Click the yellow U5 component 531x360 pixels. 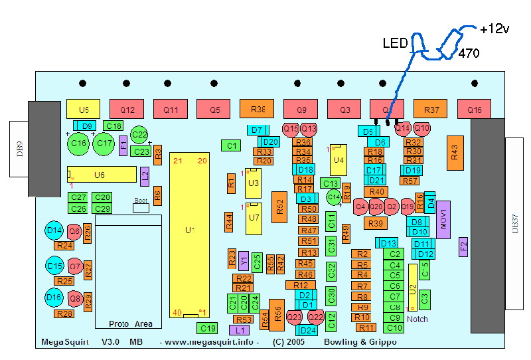83,109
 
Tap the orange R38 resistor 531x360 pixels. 258,109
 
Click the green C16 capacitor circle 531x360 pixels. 79,143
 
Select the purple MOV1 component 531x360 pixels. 444,219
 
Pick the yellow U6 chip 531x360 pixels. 100,175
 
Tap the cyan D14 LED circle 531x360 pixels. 54,231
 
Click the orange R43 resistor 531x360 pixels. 455,152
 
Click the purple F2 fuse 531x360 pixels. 463,248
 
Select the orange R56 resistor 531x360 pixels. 276,312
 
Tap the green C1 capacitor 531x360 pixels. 230,145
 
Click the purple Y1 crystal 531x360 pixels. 244,260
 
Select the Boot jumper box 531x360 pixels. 141,207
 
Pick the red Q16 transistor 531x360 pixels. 475,109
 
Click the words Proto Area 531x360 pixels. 130,324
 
